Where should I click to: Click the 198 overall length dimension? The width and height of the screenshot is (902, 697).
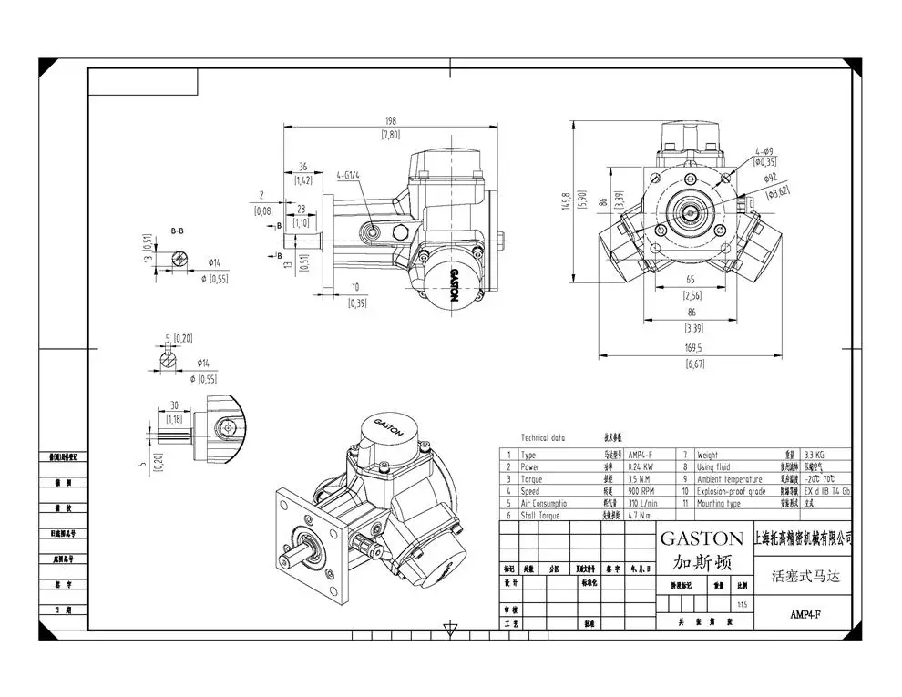[x=393, y=120]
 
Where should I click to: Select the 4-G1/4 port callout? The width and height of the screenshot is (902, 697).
[x=347, y=173]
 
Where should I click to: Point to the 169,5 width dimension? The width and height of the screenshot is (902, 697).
[x=692, y=348]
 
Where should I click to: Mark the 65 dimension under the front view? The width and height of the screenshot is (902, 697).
[x=692, y=281]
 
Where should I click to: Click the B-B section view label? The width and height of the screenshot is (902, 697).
[x=177, y=232]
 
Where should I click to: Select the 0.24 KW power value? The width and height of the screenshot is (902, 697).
[x=641, y=466]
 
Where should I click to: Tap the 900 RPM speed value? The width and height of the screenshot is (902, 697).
[x=641, y=491]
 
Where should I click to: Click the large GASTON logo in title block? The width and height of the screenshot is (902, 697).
[x=701, y=538]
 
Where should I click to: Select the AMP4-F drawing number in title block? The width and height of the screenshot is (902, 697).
[x=805, y=614]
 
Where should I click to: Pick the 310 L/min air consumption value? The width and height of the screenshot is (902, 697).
[x=642, y=503]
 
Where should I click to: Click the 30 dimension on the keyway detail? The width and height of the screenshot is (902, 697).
[x=173, y=406]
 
